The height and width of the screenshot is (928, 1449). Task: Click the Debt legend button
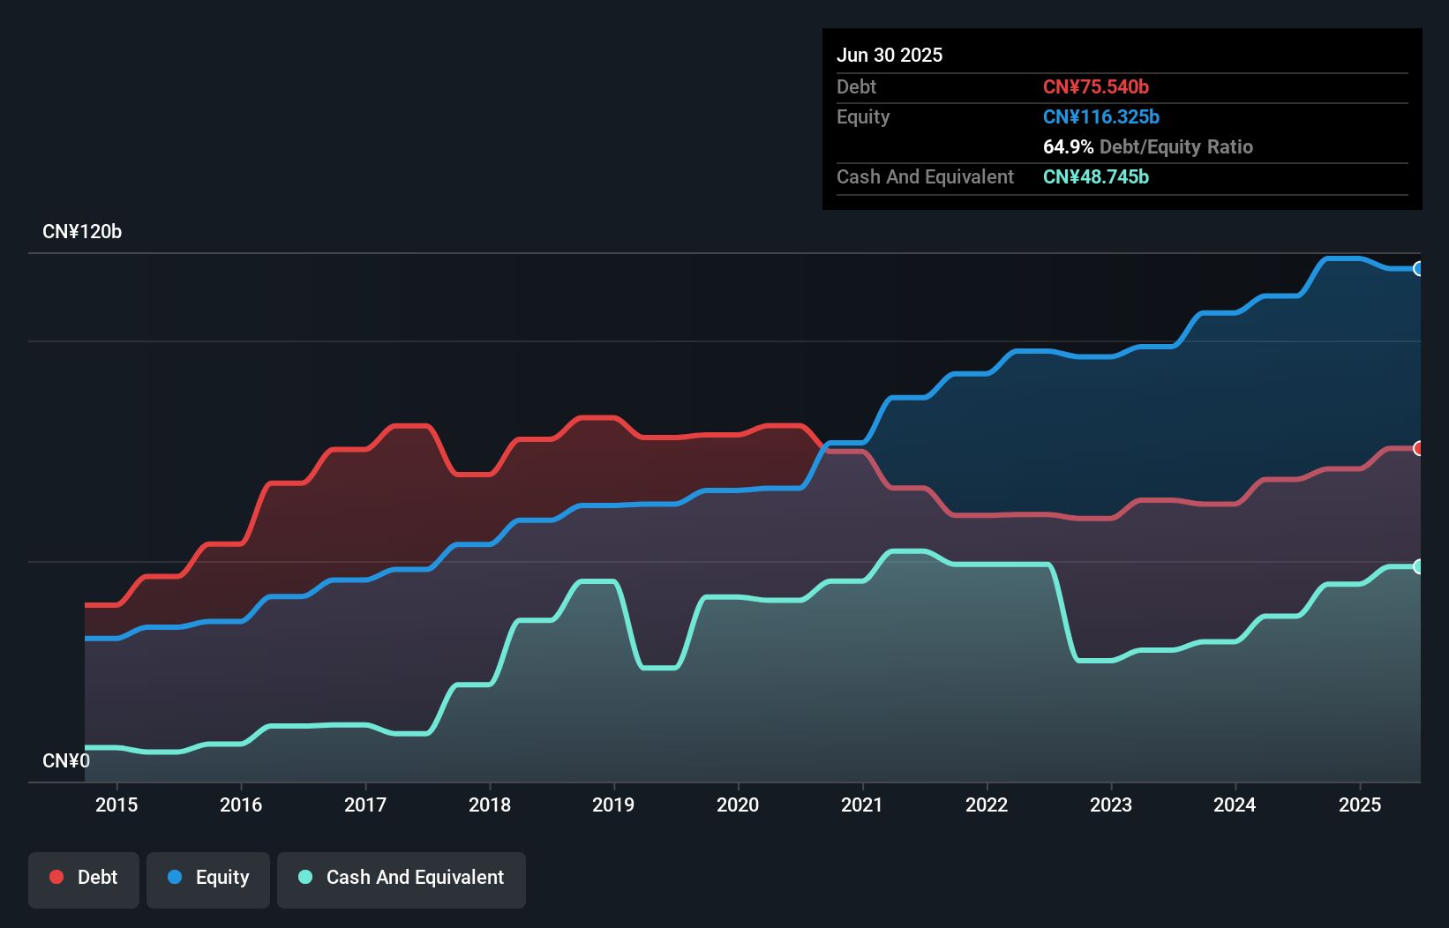pos(84,879)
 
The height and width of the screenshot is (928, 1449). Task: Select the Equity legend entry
pos(208,879)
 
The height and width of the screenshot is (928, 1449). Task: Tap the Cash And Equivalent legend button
pos(402,879)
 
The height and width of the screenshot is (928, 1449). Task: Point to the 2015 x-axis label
pos(116,805)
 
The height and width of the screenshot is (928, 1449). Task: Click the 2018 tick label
pos(490,805)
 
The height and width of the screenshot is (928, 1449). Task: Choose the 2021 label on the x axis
pos(862,805)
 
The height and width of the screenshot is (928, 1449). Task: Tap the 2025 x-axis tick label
pos(1360,805)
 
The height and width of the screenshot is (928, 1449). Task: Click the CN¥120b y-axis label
pos(82,232)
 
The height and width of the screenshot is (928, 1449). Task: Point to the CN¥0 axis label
pos(66,760)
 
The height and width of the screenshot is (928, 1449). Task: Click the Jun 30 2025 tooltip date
pos(890,56)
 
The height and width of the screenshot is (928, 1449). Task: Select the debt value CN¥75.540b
pos(1096,87)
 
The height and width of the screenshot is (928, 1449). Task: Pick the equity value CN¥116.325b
pos(1101,117)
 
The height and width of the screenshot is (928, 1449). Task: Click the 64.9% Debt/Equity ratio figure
pos(1068,147)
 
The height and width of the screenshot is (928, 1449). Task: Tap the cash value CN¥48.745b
pos(1096,177)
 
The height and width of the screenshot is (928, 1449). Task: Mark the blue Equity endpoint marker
pos(1418,269)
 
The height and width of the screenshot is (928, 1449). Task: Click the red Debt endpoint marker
pos(1418,448)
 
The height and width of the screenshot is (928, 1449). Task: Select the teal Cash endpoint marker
pos(1418,566)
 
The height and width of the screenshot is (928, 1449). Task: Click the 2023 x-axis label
pos(1111,805)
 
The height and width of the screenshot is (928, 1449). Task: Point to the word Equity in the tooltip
pos(863,117)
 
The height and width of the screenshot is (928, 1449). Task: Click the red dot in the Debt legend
pos(56,877)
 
